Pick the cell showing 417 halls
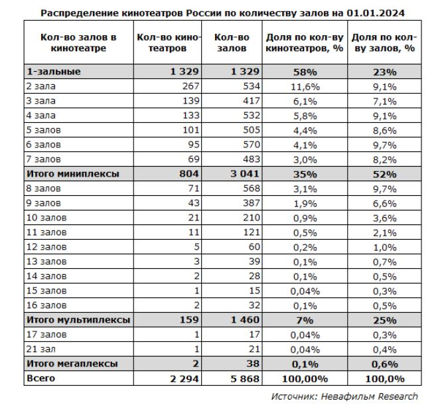[248, 100]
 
